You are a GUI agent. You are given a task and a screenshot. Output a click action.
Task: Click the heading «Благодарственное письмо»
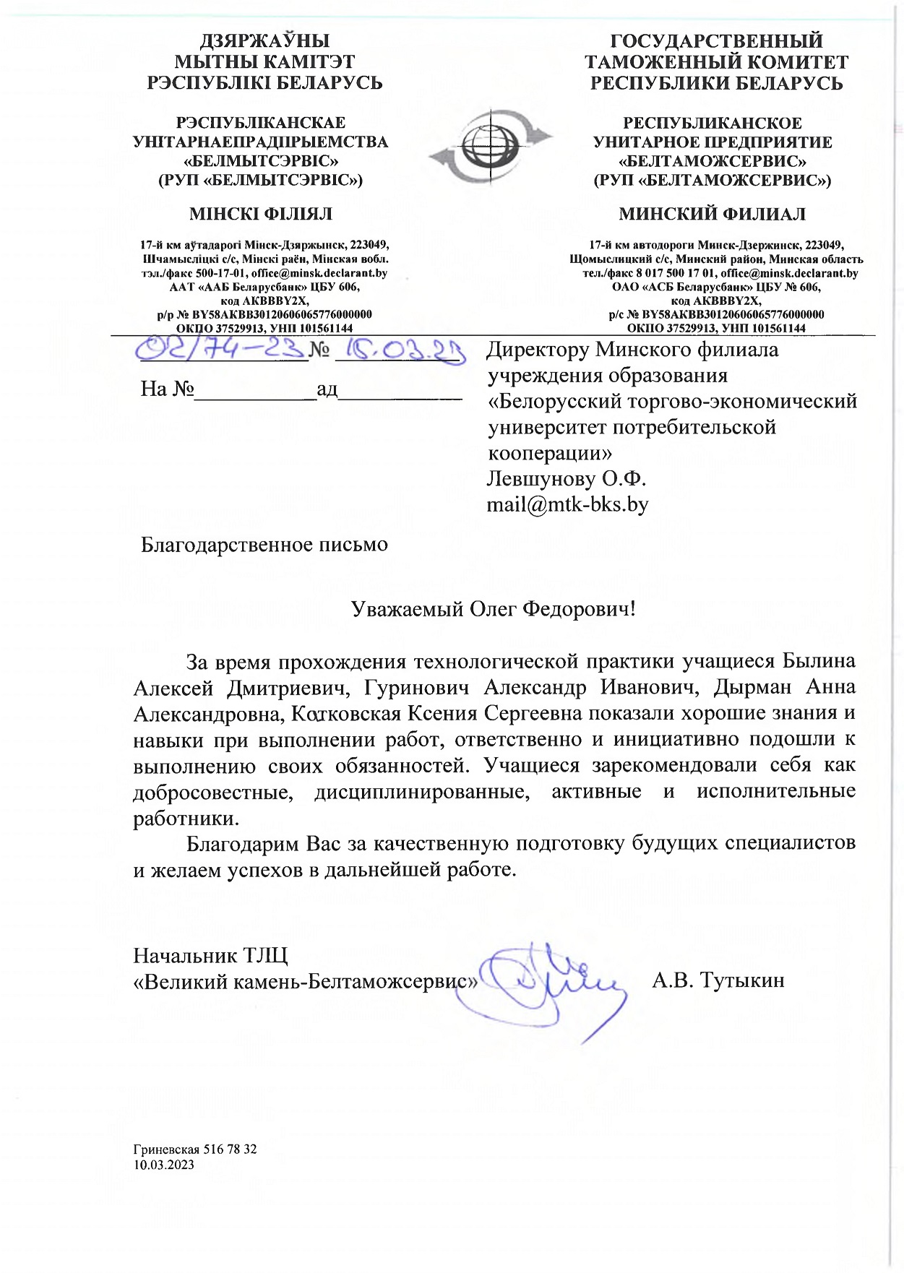tap(264, 544)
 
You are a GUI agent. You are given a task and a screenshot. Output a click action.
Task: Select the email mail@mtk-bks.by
tap(567, 504)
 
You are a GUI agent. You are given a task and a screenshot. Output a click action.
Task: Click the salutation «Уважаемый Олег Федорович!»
tap(493, 609)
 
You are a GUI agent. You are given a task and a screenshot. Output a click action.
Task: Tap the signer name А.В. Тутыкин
tap(718, 980)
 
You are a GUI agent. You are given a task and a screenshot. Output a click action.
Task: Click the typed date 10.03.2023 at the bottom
tap(163, 1165)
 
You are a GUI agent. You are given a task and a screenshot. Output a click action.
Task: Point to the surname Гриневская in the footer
tap(165, 1149)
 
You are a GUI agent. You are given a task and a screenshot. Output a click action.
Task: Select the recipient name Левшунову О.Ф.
tap(566, 478)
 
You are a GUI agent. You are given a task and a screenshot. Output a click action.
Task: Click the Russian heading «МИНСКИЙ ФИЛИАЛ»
tap(712, 214)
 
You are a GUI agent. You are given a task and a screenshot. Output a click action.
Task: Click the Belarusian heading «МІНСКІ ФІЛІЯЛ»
tap(260, 214)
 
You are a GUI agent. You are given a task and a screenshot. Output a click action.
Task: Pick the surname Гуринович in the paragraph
tap(416, 687)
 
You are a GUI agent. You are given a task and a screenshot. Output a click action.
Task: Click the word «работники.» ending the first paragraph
tap(186, 819)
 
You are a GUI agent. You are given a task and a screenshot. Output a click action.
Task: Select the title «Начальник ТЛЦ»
tap(210, 956)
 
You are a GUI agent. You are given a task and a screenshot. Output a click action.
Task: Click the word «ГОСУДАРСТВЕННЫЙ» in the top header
tap(716, 40)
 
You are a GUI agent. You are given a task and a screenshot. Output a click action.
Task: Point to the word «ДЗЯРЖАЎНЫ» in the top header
tap(264, 40)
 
